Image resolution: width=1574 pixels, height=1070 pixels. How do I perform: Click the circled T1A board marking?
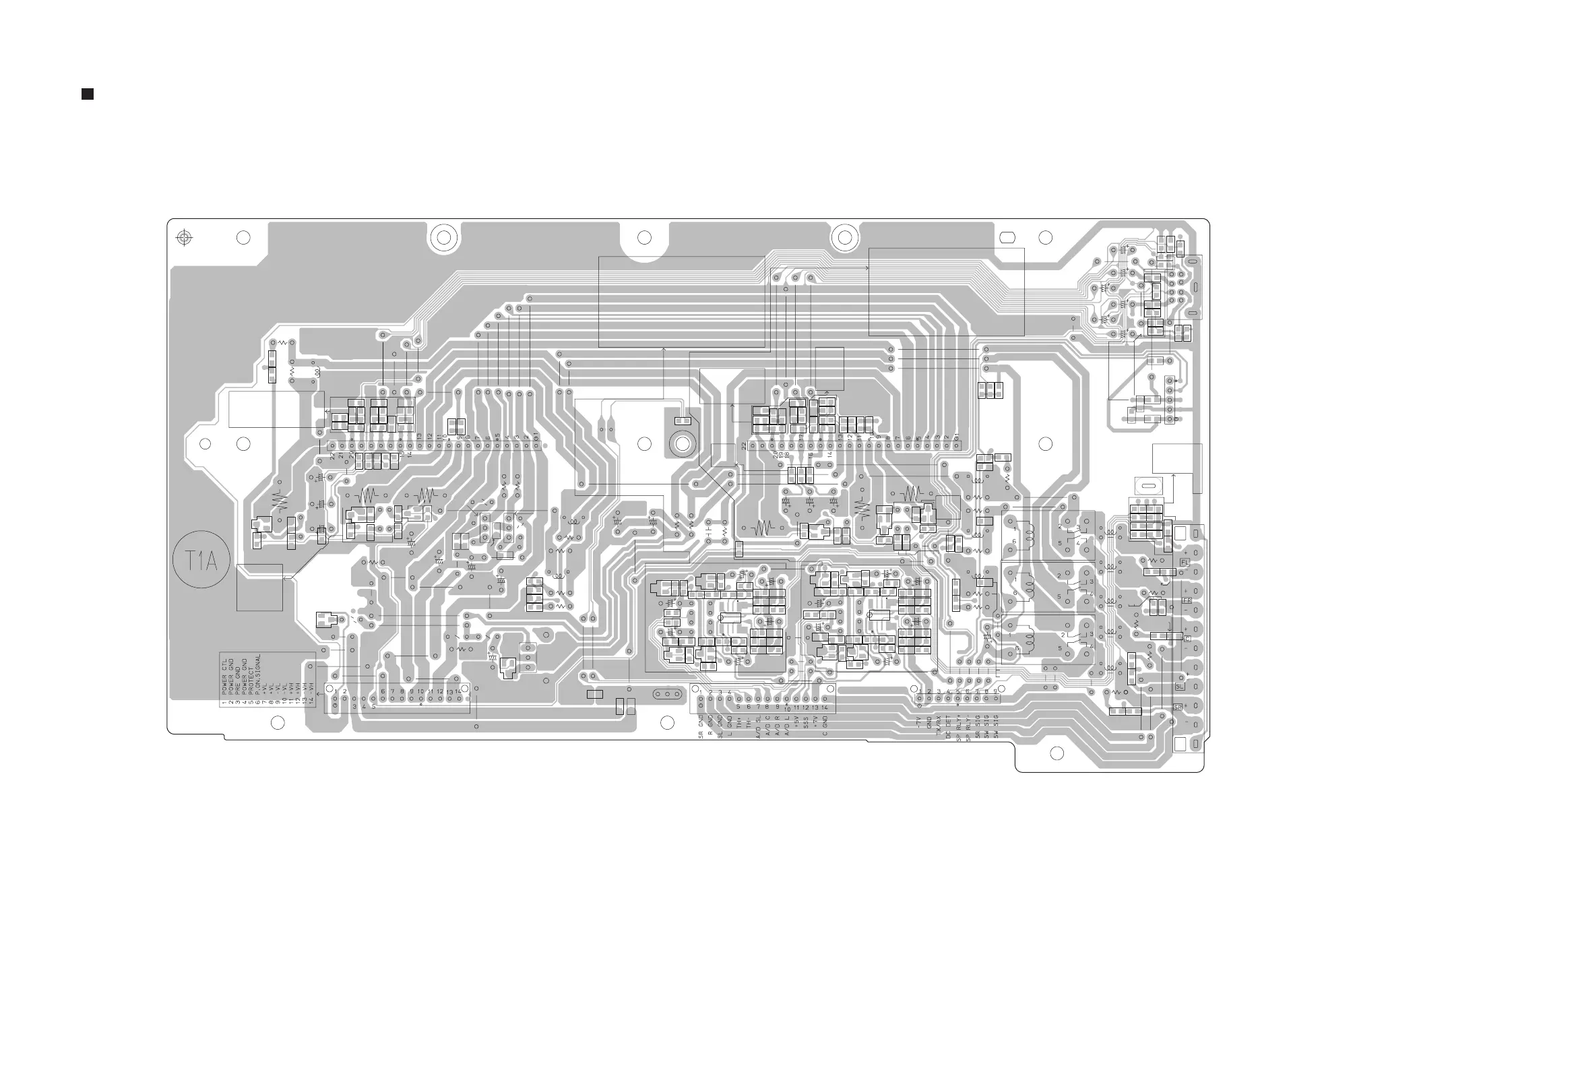(x=201, y=559)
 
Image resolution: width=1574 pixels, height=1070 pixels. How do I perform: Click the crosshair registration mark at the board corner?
(x=183, y=238)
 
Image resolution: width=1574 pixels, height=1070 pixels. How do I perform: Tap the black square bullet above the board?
(x=88, y=94)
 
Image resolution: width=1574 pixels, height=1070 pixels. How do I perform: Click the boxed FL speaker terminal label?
(x=1185, y=562)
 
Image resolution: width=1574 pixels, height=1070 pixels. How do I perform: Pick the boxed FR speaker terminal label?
(x=1187, y=600)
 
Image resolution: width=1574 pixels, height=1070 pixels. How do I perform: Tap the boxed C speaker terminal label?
(x=1187, y=639)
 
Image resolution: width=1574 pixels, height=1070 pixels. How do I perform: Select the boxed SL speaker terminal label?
(x=1179, y=687)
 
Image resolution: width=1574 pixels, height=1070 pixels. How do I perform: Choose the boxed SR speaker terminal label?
(x=1178, y=707)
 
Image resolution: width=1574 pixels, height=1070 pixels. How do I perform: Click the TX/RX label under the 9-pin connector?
(x=939, y=726)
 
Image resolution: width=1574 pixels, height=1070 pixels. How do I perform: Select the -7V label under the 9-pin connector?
(x=919, y=723)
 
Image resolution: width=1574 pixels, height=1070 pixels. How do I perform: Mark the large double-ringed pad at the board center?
(x=680, y=443)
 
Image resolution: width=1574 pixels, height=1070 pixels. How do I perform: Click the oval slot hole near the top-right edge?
(x=1007, y=238)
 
